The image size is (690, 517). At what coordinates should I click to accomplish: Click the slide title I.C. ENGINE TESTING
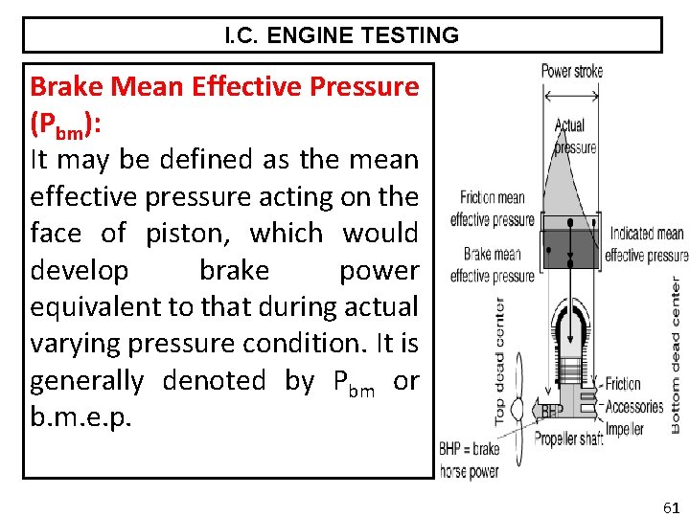(342, 36)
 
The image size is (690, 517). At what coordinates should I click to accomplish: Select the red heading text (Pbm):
(66, 124)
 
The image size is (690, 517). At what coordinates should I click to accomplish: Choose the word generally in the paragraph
(86, 381)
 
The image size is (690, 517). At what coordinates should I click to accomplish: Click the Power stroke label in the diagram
(571, 71)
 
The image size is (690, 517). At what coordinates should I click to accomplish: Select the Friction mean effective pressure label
(492, 208)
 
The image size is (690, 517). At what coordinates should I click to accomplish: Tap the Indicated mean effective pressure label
(646, 244)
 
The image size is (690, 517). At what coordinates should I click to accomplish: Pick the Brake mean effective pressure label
(492, 265)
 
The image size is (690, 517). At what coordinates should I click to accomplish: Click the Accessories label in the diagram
(634, 406)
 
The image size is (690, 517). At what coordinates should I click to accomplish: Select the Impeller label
(625, 428)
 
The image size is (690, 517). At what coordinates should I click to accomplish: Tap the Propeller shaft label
(568, 438)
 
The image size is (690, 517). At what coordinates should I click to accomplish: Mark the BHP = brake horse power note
(469, 460)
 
